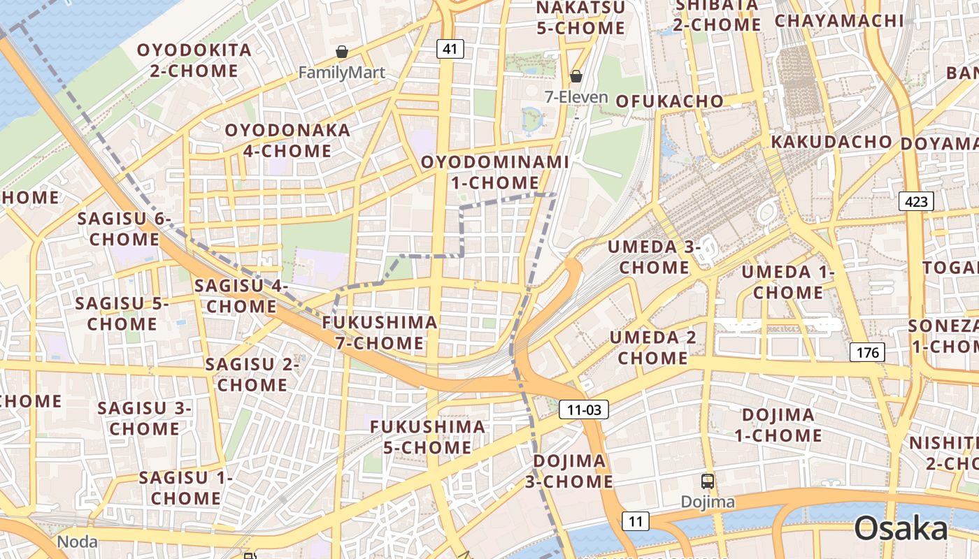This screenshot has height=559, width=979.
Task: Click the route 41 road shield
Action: pos(450,49)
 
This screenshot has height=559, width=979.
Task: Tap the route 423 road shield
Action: pos(916,202)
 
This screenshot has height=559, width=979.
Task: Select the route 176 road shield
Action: pos(868,352)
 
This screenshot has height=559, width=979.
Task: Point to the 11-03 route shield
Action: pos(584,409)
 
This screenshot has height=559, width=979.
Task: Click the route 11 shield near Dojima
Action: pos(635,521)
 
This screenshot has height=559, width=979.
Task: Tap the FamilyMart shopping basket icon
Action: pos(342,52)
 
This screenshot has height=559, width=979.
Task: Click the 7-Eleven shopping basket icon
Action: pos(576,76)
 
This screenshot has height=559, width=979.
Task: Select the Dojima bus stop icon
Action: pos(708,481)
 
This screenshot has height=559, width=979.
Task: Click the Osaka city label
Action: pos(901,528)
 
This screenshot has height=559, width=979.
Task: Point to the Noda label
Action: pos(77,542)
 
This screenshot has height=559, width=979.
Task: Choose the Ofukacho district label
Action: pos(669,101)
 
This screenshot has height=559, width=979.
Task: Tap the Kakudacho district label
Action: pos(831,142)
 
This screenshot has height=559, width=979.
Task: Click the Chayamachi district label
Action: pos(839,20)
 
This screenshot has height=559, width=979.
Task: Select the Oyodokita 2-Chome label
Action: pos(194,60)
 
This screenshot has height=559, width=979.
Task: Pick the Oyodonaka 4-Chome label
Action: pos(287,140)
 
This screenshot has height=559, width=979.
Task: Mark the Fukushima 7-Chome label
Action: pos(380,333)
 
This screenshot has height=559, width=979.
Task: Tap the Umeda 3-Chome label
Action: pos(654,256)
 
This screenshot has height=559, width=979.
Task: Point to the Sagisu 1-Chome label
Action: pos(185,488)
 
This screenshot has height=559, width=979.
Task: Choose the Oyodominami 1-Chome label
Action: pos(494,172)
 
